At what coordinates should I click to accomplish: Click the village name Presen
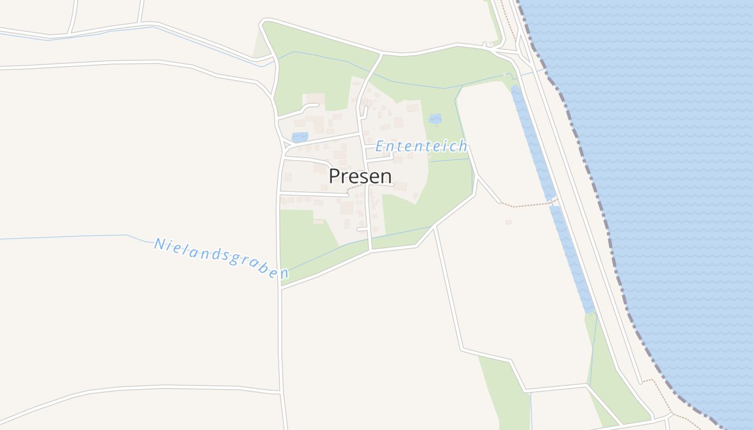360,176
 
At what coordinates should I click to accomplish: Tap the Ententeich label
421,146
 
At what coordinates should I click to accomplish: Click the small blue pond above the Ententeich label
435,118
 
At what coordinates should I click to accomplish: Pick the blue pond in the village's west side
300,137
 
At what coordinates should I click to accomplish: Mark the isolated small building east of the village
508,222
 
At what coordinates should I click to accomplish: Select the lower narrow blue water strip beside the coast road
573,258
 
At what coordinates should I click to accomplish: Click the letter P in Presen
334,176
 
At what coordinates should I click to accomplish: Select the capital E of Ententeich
380,146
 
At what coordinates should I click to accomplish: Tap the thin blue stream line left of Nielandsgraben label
65,237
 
